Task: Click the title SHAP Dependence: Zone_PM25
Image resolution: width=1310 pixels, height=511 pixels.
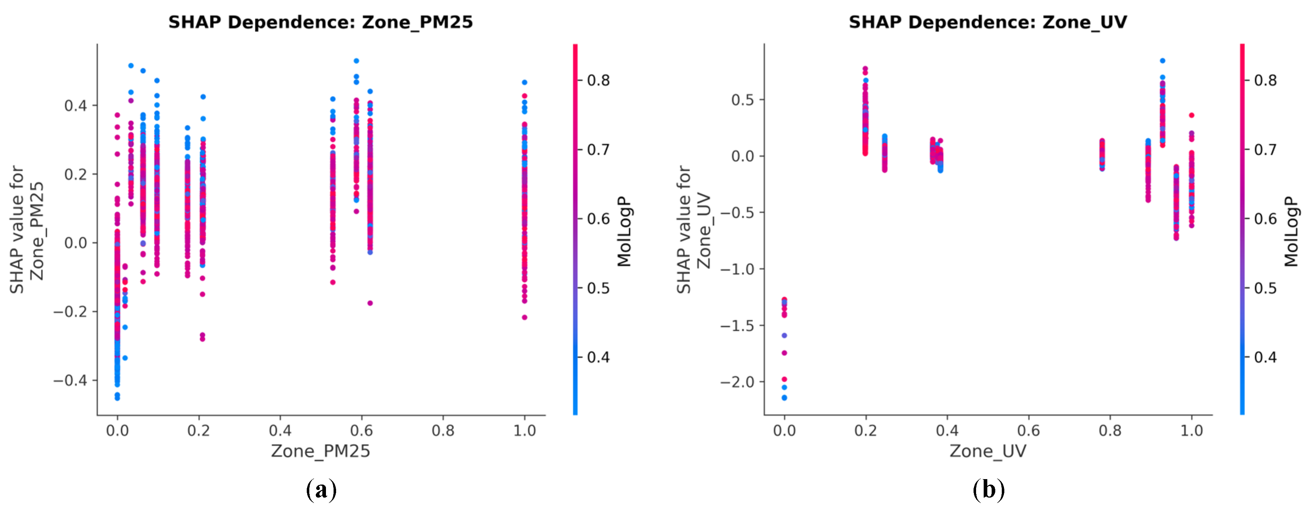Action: (x=321, y=22)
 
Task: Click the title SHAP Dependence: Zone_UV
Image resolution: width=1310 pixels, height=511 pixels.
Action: (x=988, y=22)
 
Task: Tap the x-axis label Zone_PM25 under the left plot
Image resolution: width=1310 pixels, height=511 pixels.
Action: (x=321, y=451)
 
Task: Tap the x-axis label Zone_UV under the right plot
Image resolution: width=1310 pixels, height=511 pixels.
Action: (x=988, y=451)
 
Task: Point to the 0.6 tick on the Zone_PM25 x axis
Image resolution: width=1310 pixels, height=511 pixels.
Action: (x=361, y=431)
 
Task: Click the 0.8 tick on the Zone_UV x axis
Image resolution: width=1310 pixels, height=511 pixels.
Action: (x=1110, y=431)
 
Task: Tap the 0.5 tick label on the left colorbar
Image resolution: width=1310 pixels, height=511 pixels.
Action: (x=598, y=288)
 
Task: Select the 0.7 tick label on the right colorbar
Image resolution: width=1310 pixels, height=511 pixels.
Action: (x=1265, y=150)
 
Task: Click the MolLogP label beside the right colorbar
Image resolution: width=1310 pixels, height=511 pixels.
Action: (x=1291, y=232)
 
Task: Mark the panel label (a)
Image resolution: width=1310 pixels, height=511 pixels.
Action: (x=321, y=490)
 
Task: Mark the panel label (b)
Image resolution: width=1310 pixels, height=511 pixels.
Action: (x=988, y=490)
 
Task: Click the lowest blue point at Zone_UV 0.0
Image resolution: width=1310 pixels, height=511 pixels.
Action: (x=784, y=398)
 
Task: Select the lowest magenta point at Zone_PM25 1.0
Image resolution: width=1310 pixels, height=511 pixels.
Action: (x=524, y=317)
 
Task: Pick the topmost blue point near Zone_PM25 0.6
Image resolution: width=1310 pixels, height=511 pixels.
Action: (x=356, y=61)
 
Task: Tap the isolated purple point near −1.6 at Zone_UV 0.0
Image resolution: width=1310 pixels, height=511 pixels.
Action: (x=784, y=335)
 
